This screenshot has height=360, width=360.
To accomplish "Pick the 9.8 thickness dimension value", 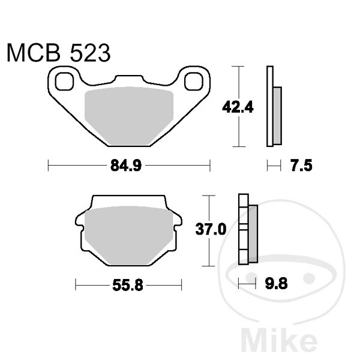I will coord(275,285).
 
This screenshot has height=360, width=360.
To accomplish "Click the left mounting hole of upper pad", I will coord(63,79).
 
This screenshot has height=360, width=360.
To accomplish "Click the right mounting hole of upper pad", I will coord(194,80).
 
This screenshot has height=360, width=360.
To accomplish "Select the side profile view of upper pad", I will coord(273,107).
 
